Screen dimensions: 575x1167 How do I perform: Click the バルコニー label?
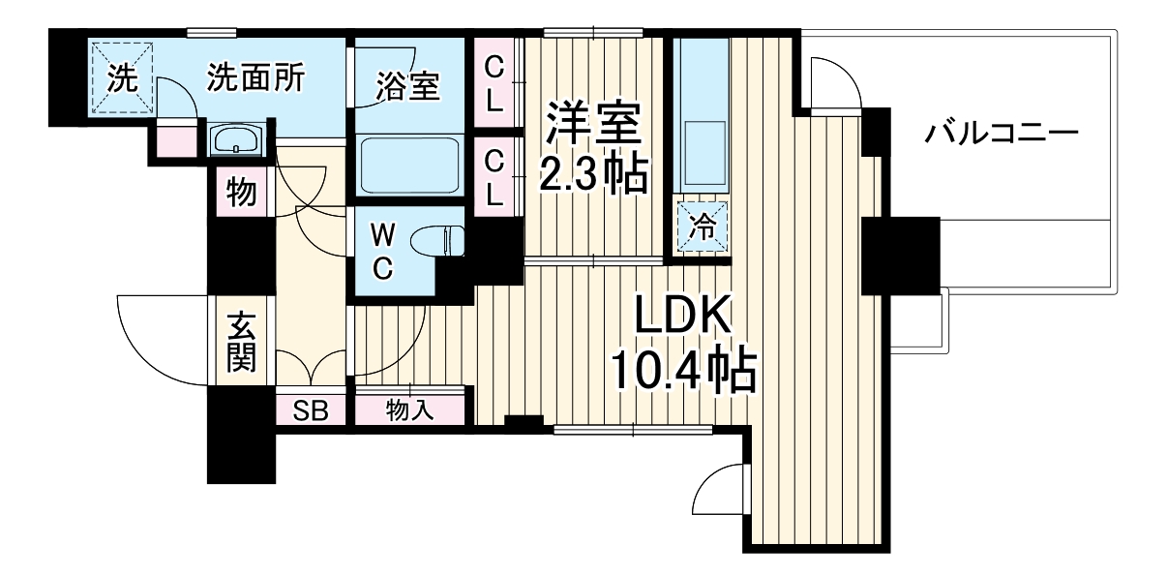click(x=1000, y=133)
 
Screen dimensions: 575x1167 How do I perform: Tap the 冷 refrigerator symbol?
click(x=704, y=227)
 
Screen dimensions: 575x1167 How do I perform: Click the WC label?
click(x=382, y=251)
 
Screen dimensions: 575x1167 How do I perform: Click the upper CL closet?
click(x=494, y=81)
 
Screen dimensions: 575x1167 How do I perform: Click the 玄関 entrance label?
click(x=241, y=342)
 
